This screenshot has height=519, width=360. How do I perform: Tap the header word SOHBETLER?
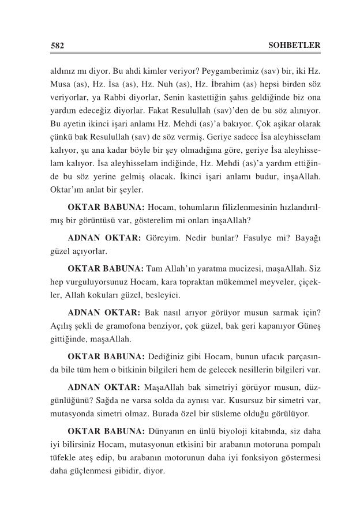pyautogui.click(x=294, y=45)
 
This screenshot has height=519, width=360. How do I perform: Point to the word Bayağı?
pyautogui.click(x=306, y=239)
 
